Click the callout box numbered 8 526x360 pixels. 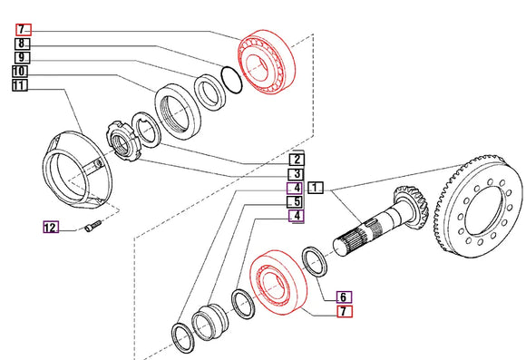[22, 44]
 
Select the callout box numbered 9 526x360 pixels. [22, 57]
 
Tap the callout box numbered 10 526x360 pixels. [20, 72]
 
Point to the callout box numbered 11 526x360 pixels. [20, 85]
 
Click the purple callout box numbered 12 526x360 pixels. [51, 228]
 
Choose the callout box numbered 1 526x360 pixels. [316, 188]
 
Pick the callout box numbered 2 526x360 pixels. [297, 160]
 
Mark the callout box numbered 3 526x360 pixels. [296, 174]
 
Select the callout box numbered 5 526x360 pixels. [296, 202]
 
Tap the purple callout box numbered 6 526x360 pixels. [345, 297]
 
